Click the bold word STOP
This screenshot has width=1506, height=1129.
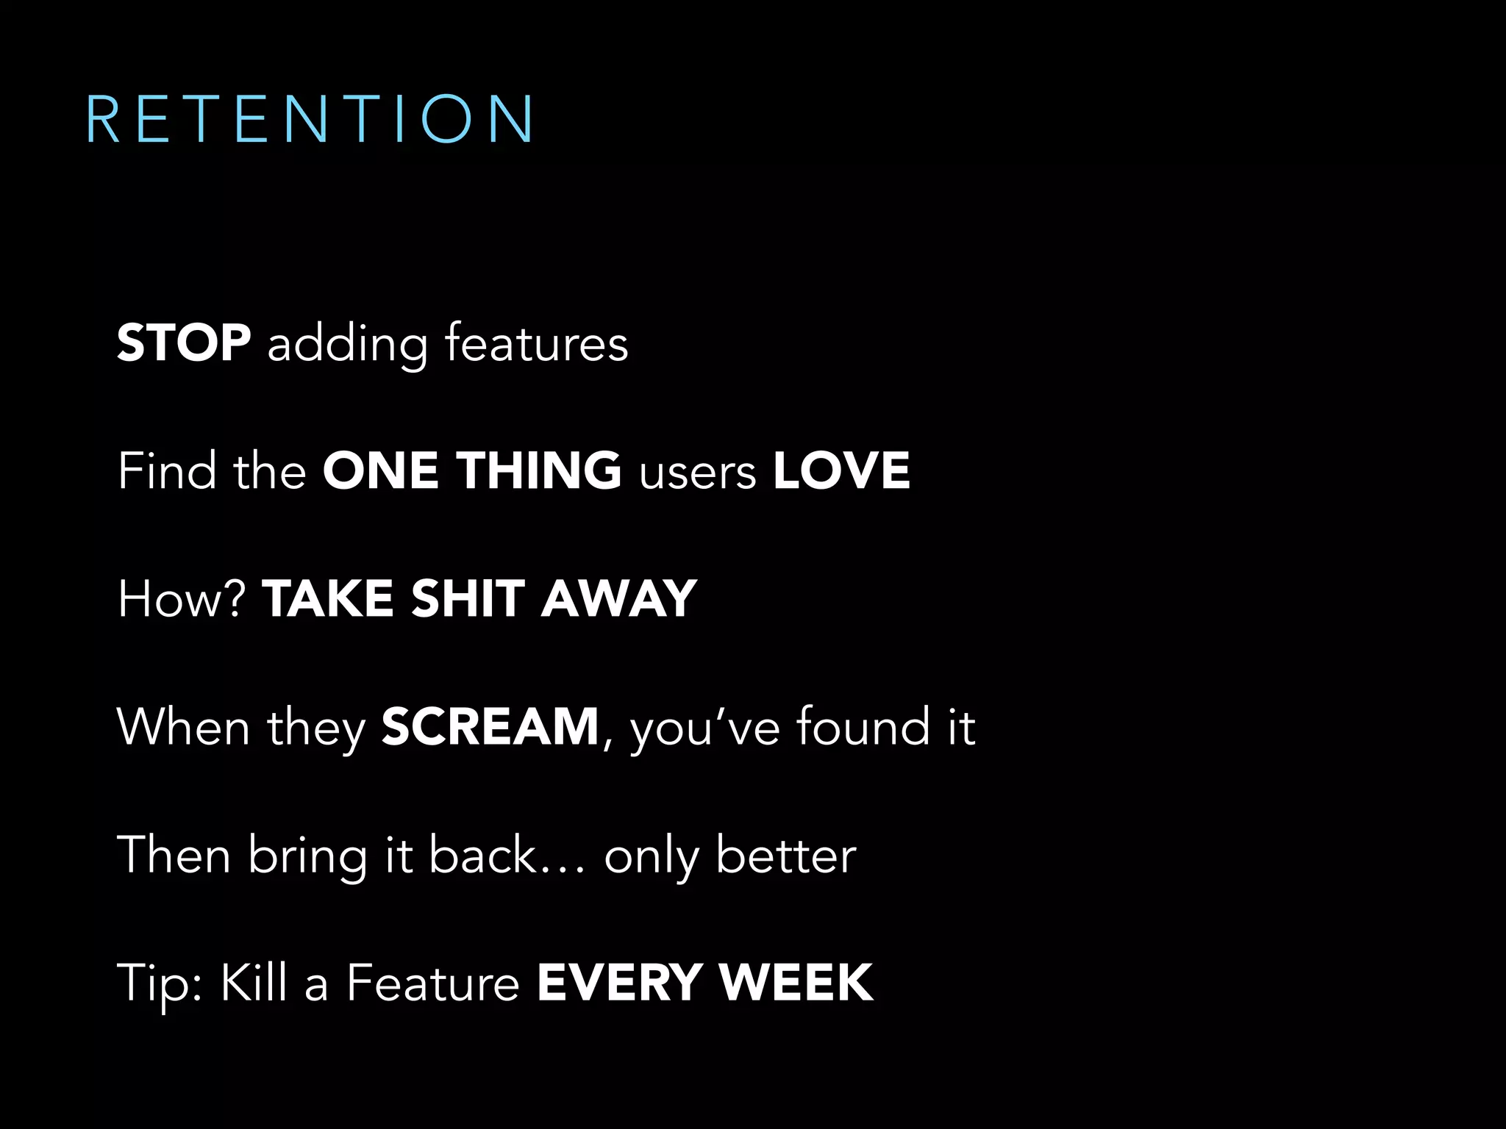coord(184,343)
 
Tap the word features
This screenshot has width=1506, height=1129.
coord(536,343)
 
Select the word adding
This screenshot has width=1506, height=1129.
coord(347,344)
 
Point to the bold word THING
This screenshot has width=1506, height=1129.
coord(539,470)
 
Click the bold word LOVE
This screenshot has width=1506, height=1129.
coord(841,470)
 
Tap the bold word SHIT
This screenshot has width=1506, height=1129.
coord(468,598)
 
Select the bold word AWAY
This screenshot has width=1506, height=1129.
coord(618,598)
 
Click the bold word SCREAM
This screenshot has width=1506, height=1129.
coord(490,726)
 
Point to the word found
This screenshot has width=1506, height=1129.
coord(863,726)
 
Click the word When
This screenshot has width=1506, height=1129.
coord(184,726)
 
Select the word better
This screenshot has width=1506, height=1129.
coord(785,855)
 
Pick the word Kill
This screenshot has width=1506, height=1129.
coord(254,982)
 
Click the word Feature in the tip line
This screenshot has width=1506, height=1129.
coord(433,982)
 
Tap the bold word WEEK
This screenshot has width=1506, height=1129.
coord(796,982)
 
